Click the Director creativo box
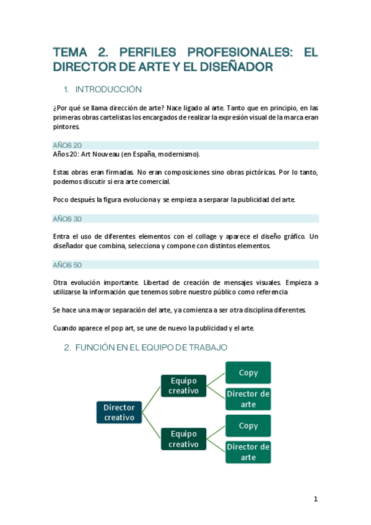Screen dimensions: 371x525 119,412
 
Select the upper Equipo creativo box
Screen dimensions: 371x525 183,385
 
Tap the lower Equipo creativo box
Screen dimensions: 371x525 183,439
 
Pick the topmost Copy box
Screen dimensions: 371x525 248,373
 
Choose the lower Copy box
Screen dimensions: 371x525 248,425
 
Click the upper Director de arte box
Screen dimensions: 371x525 248,399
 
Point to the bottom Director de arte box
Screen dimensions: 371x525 248,452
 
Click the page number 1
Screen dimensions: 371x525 315,499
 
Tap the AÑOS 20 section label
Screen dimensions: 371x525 68,145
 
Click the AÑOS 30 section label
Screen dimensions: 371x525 68,219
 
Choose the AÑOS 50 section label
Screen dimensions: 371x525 68,264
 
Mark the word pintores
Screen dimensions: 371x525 66,127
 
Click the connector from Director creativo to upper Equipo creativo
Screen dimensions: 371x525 152,396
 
